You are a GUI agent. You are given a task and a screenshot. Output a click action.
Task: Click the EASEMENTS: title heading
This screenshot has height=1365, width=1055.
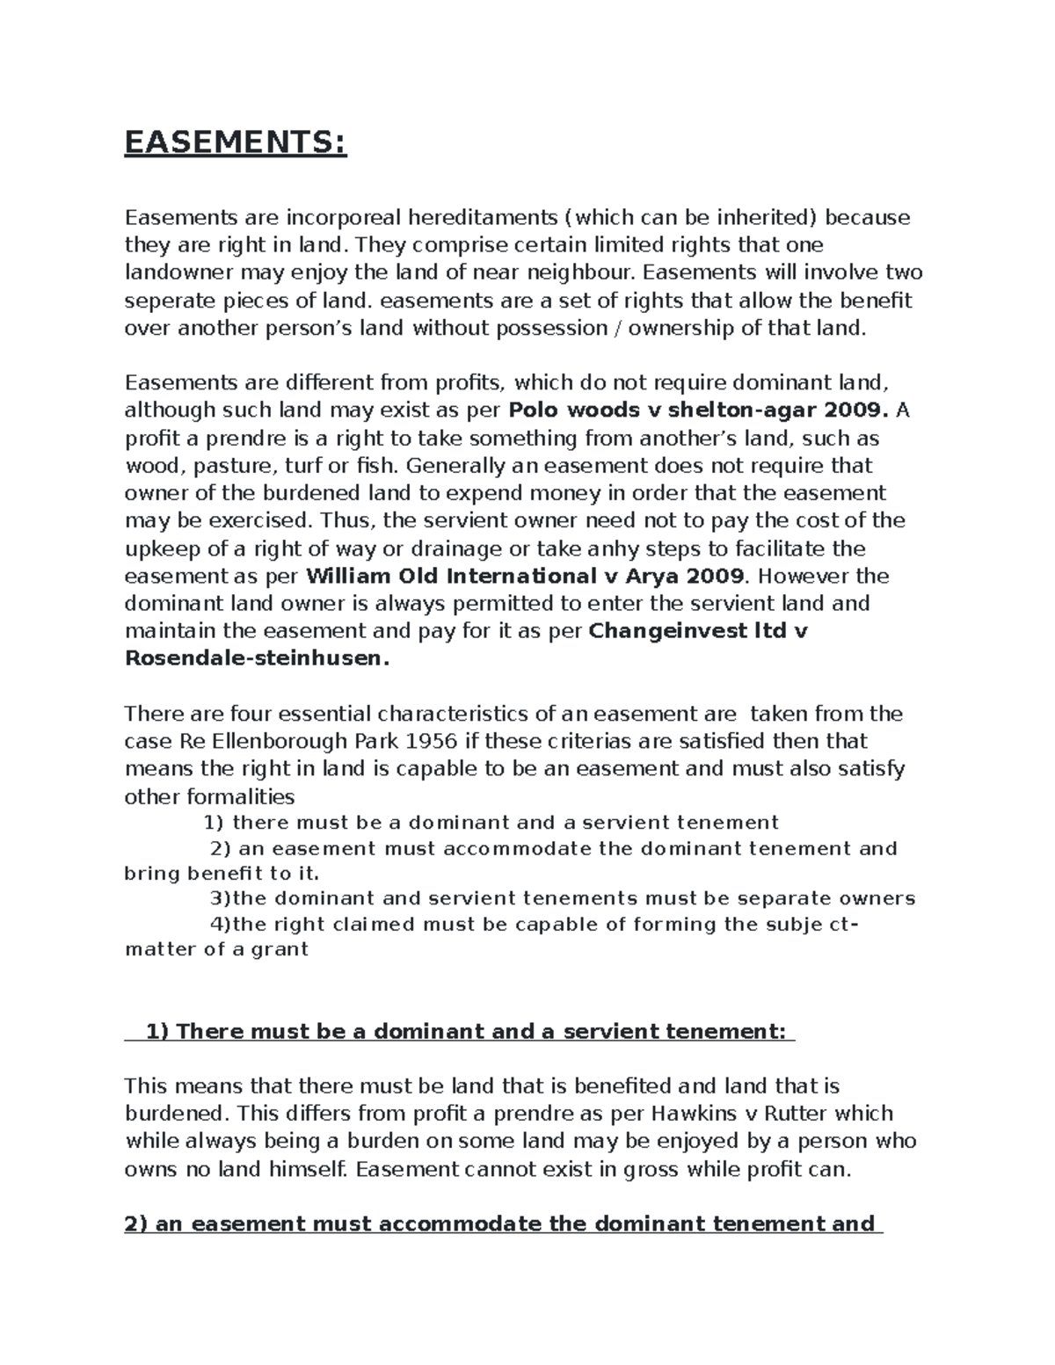(x=236, y=142)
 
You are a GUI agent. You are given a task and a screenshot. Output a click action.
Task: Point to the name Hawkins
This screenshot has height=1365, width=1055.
(x=695, y=1114)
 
